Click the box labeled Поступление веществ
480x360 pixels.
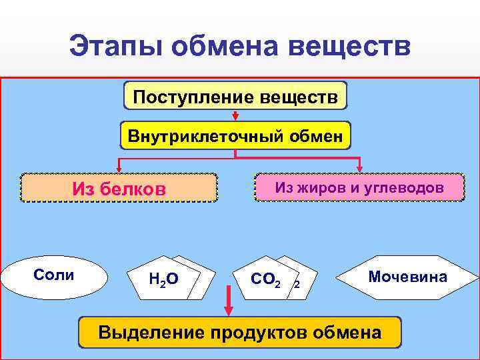(x=235, y=96)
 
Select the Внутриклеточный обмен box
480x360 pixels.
(x=235, y=136)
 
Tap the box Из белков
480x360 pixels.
(x=119, y=188)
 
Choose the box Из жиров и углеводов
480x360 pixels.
(x=359, y=187)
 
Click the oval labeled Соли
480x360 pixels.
(x=55, y=276)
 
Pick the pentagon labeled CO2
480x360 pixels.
(x=266, y=278)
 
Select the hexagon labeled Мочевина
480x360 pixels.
(x=407, y=276)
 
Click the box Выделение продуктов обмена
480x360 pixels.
(x=240, y=332)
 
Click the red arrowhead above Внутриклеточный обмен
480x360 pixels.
(x=235, y=117)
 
